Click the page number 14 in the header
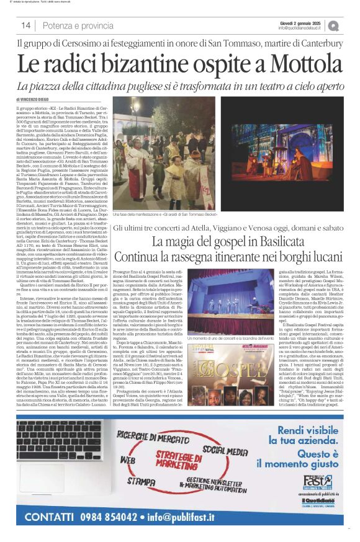click(x=26, y=25)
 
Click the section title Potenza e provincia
click(x=78, y=25)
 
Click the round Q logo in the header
click(x=334, y=25)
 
